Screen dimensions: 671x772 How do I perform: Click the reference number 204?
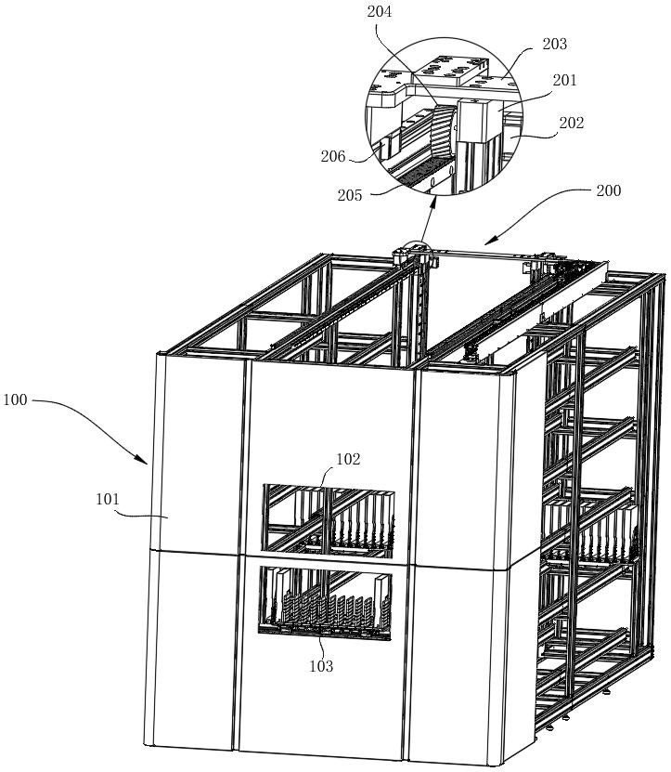(x=380, y=11)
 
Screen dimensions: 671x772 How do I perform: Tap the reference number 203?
(x=554, y=44)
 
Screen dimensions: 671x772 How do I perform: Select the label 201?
(x=564, y=80)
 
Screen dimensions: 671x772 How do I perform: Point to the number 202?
(x=571, y=123)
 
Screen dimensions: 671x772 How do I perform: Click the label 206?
(x=333, y=157)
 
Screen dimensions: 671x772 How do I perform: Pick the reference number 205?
(x=350, y=195)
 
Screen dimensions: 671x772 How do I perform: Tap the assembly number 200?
(x=609, y=190)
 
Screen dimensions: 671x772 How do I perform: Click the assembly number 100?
(x=15, y=399)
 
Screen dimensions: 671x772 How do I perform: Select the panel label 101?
(x=108, y=499)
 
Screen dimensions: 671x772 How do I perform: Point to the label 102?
(x=348, y=459)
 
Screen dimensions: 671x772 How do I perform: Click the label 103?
(x=321, y=666)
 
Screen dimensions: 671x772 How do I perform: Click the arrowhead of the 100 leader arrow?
(x=144, y=461)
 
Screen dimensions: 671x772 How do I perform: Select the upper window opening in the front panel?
(x=329, y=521)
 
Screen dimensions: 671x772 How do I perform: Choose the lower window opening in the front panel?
(x=325, y=603)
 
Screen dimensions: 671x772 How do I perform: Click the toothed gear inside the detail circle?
(x=443, y=130)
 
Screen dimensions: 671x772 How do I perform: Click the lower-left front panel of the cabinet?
(x=193, y=650)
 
